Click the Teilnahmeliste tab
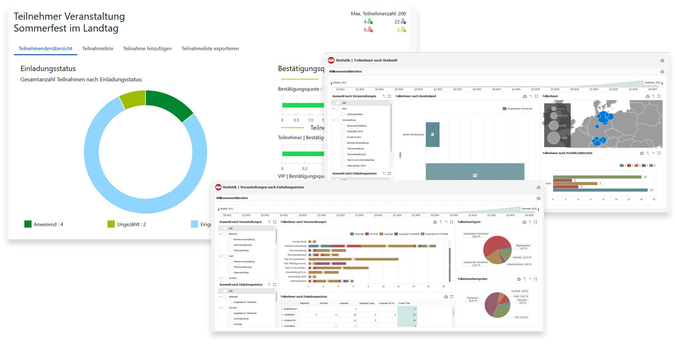(98, 49)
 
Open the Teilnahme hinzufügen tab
(147, 49)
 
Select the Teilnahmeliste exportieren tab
(210, 49)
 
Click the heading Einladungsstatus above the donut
(48, 69)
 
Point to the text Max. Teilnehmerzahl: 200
(378, 14)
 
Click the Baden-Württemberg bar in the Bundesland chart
(433, 134)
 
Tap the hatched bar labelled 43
(475, 175)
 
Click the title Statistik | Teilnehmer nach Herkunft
(369, 60)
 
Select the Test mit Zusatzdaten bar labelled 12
(353, 259)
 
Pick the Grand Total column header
(407, 303)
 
